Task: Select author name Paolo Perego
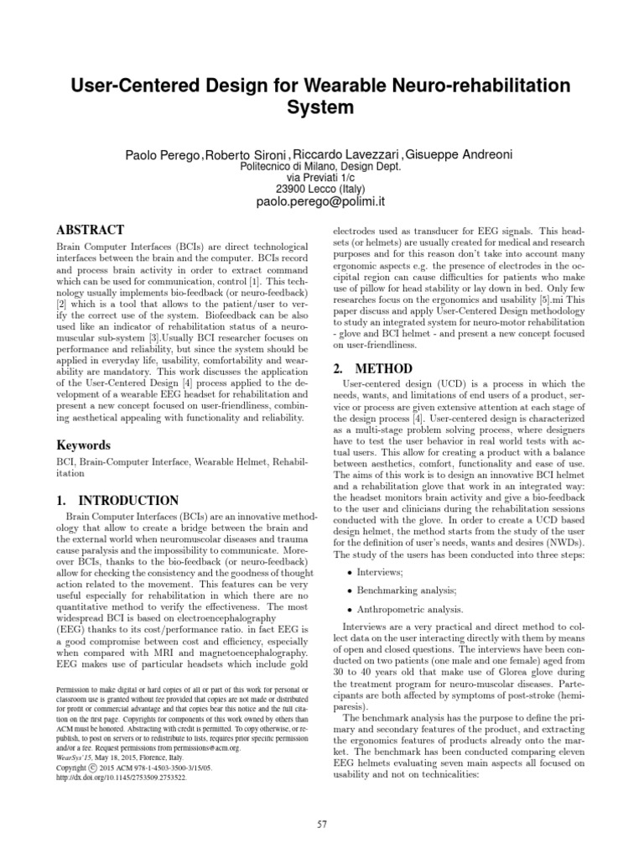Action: click(162, 155)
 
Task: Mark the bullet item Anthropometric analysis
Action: click(410, 610)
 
